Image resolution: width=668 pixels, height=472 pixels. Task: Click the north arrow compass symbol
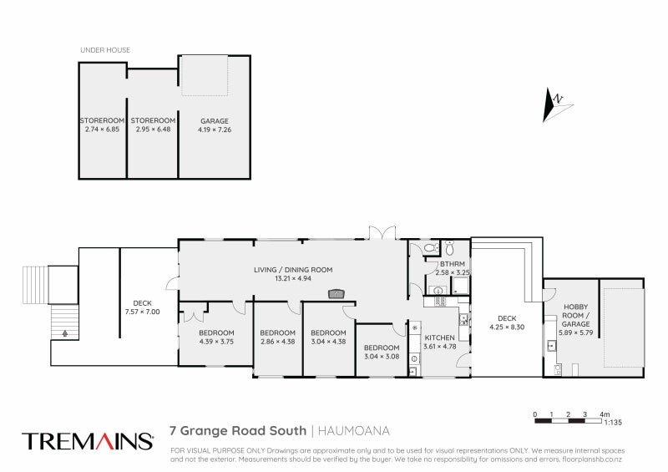[x=554, y=104]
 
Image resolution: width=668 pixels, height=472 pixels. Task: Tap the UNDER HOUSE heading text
[x=105, y=50]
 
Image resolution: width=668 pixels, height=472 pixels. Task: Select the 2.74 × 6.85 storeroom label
[x=103, y=125]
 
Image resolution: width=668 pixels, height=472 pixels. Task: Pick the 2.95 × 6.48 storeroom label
[x=152, y=125]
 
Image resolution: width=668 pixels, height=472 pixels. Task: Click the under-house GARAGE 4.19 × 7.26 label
[x=214, y=125]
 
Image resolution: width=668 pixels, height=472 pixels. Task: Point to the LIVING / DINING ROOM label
[x=294, y=274]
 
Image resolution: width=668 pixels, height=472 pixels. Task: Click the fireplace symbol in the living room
[x=337, y=293]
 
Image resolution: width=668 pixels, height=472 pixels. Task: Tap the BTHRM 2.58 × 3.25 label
[x=452, y=268]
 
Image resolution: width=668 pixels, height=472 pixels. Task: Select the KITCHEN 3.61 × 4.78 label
[x=439, y=342]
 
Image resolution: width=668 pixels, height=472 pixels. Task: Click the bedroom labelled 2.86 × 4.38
[x=277, y=336]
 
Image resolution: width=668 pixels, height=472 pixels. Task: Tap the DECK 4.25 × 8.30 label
[x=507, y=322]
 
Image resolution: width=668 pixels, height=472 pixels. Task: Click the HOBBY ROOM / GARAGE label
[x=576, y=315]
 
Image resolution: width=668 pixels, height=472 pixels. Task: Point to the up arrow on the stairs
[x=63, y=332]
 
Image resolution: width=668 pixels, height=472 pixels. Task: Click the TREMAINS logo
[x=88, y=441]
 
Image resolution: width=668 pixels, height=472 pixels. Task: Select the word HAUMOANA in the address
[x=355, y=432]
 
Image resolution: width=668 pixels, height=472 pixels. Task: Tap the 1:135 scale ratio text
[x=613, y=423]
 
